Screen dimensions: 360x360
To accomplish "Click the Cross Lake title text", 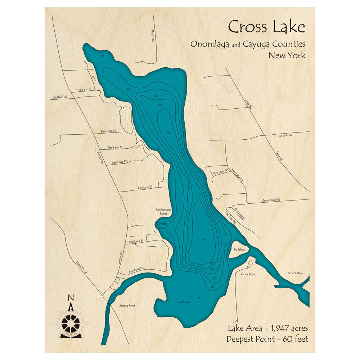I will (x=266, y=27).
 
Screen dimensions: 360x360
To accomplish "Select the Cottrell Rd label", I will (x=60, y=97).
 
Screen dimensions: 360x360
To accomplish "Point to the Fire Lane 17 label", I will (x=84, y=89).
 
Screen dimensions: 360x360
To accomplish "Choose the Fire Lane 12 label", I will (x=119, y=162).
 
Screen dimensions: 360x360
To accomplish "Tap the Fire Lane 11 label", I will (x=145, y=188).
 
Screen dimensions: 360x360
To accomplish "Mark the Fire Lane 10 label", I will (x=221, y=172).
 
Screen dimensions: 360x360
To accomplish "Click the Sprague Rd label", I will (x=285, y=135).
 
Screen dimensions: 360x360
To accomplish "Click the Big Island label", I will (x=239, y=249).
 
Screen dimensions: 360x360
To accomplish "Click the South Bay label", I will (x=183, y=302).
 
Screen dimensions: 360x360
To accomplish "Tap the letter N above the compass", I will (x=71, y=298).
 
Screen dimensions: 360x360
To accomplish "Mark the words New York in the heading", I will (x=287, y=55).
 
